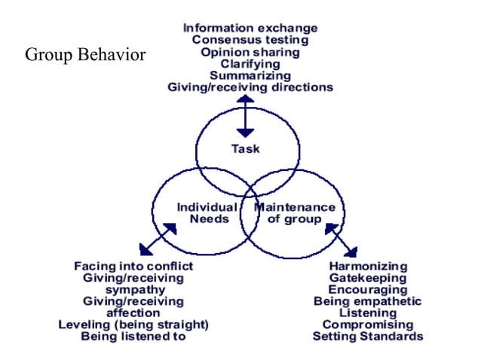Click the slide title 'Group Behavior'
point(85,56)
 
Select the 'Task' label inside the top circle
point(245,148)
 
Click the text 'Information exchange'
point(250,29)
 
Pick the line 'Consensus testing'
point(250,41)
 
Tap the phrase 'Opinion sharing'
point(250,52)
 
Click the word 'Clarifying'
point(250,64)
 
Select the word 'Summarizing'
point(250,75)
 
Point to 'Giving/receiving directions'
point(250,87)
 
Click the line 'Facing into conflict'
point(133,266)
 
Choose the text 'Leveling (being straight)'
point(133,325)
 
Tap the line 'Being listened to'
point(133,336)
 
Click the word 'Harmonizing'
point(368,266)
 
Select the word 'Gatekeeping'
point(368,278)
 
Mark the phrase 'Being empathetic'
point(368,301)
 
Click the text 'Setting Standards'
point(368,336)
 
